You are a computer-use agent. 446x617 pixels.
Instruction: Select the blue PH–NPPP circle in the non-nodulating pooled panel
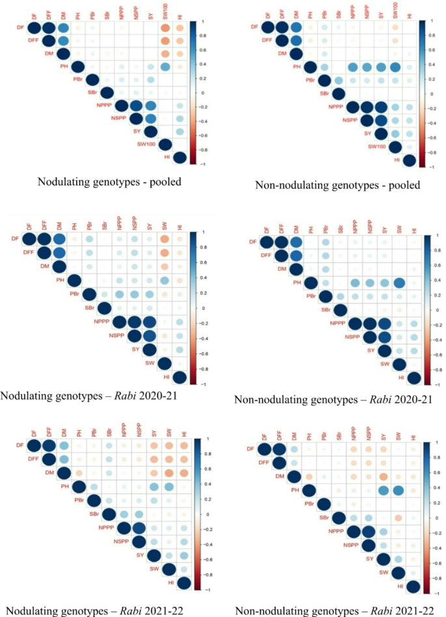352,67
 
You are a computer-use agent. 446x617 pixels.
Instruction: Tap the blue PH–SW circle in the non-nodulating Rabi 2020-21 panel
399,282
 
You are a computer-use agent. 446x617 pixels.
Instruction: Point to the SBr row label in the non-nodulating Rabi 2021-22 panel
322,517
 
